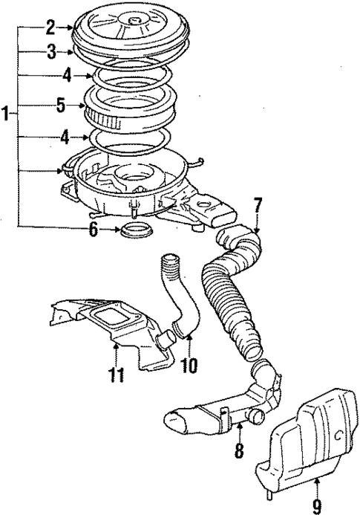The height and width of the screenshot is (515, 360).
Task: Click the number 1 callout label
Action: click(x=6, y=114)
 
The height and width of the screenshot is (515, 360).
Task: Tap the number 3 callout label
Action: click(x=50, y=52)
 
